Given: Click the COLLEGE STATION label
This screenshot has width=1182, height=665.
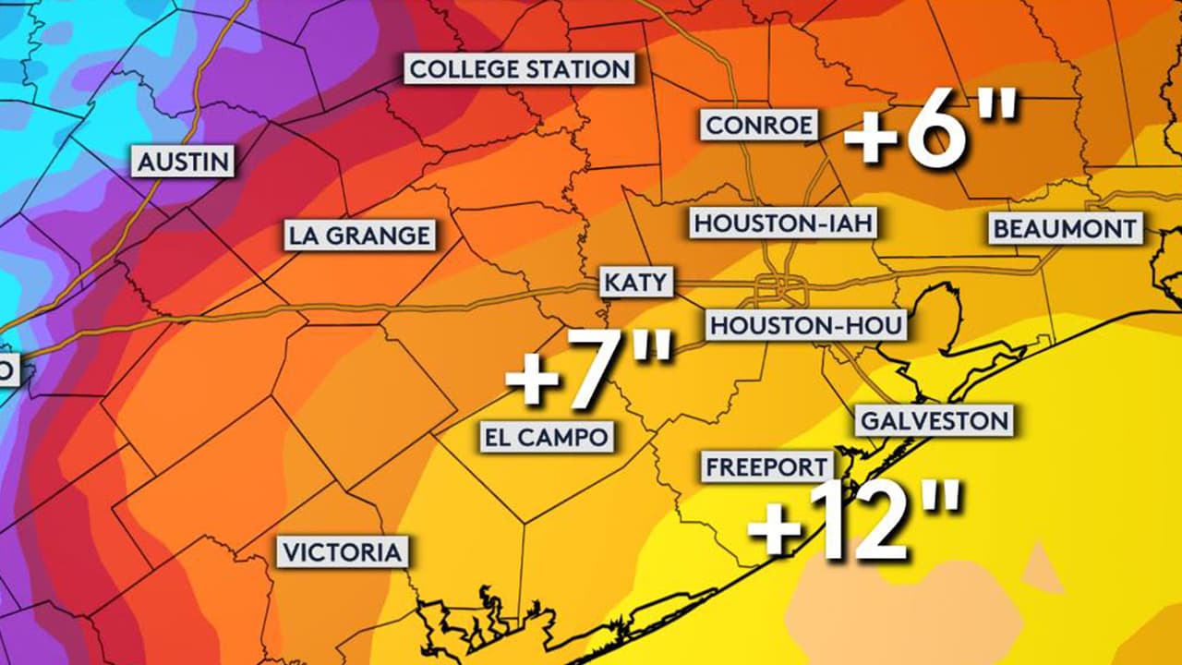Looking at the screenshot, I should click(520, 69).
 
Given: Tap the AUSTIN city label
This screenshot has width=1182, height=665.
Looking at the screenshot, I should click(183, 163).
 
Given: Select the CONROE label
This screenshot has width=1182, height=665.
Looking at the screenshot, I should click(759, 125).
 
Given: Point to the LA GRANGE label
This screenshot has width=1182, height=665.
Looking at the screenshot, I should click(359, 236).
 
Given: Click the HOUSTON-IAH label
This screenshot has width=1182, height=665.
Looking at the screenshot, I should click(783, 224).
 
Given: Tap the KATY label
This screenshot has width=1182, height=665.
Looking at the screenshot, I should click(636, 282).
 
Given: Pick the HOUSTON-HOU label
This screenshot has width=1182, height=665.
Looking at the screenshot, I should click(805, 325).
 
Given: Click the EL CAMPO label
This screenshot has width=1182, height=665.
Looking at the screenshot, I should click(548, 436).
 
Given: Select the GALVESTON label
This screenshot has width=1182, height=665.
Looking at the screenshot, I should click(934, 421).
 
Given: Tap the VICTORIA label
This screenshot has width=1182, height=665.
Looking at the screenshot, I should click(344, 553).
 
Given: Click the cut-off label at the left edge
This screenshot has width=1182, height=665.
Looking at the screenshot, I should click(7, 371).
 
